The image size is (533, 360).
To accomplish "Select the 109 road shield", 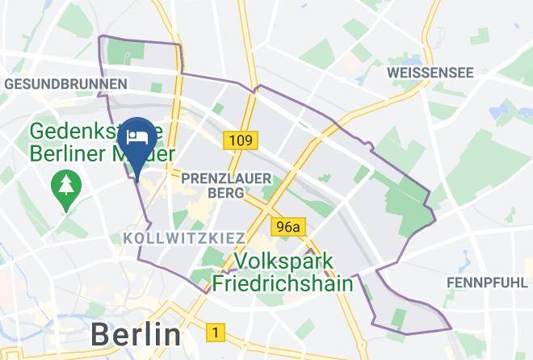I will click(x=239, y=141).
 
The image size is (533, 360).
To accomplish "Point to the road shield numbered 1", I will click(x=216, y=332).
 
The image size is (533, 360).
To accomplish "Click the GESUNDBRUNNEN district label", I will click(x=65, y=84).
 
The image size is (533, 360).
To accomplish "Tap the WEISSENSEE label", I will click(x=430, y=73).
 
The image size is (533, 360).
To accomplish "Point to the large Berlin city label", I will click(x=135, y=333).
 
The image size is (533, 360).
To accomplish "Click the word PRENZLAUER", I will click(x=226, y=177).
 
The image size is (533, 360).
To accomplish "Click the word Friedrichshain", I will click(x=283, y=283).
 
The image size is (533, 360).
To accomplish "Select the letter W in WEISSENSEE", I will click(x=392, y=73).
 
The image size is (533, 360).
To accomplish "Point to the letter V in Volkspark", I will click(x=241, y=262).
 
